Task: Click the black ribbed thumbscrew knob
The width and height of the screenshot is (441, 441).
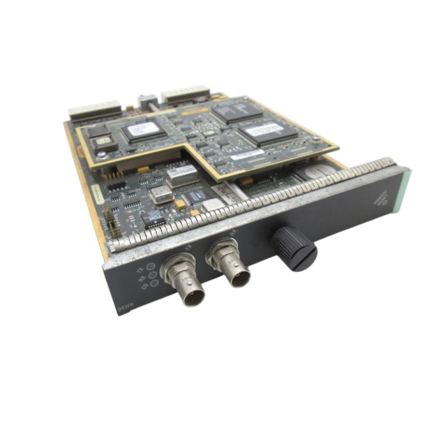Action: (x=295, y=248)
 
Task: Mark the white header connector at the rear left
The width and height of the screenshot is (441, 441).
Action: (x=94, y=111)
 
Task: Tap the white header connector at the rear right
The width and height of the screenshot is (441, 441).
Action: (x=185, y=93)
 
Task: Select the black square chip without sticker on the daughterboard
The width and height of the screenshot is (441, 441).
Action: (x=236, y=111)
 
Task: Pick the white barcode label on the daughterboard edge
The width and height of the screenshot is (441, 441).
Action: (x=247, y=154)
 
